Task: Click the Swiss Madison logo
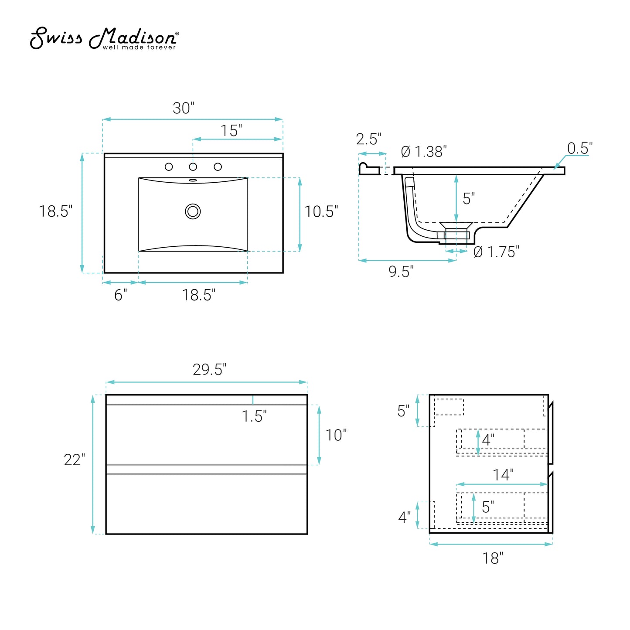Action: coord(104,38)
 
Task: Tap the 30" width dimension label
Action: coord(183,108)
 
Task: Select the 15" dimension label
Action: coord(231,130)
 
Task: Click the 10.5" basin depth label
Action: coord(321,211)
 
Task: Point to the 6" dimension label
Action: coord(121,295)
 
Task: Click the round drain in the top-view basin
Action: coord(193,211)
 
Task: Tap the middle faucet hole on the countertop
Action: coord(193,167)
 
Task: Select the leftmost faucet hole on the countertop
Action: coord(169,167)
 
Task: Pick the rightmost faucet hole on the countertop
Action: coord(218,167)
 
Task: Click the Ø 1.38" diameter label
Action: coord(424,152)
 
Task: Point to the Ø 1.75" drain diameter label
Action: coord(496,252)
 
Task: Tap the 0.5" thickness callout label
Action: coord(580,149)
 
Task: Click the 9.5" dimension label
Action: coord(401,272)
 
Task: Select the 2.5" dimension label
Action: coord(368,139)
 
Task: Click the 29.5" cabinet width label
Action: coord(209,370)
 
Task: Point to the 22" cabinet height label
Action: coord(74,460)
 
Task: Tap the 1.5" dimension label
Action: coord(254,416)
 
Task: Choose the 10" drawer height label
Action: coord(336,435)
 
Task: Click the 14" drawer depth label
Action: coord(503,475)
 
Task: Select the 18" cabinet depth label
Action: coord(493,558)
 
